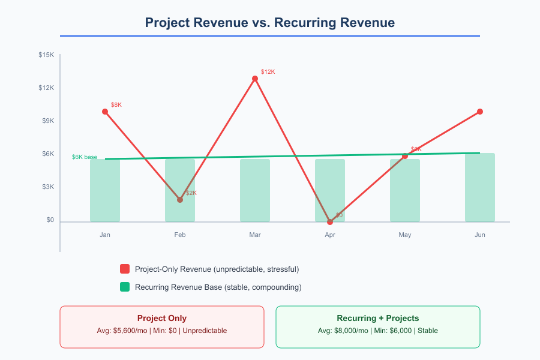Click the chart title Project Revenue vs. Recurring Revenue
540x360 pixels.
[x=269, y=23]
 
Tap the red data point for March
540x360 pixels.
[x=255, y=79]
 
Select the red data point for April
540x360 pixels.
[x=330, y=222]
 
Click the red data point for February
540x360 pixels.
[x=180, y=200]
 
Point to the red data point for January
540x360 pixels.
[x=105, y=112]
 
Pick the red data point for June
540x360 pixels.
[x=480, y=112]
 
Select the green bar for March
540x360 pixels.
[x=255, y=190]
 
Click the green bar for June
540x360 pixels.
[x=480, y=187]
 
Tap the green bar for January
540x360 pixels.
[x=105, y=190]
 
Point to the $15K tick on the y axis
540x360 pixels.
[x=46, y=55]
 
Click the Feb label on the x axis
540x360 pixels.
[x=180, y=235]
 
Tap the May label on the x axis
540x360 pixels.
[x=405, y=235]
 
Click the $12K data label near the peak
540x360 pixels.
[x=268, y=72]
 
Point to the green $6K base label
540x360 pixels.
[x=85, y=157]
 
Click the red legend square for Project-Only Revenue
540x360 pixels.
[x=125, y=269]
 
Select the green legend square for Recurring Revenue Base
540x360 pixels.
[x=125, y=287]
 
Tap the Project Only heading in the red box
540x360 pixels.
[x=161, y=319]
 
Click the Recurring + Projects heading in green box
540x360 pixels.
[x=377, y=319]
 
